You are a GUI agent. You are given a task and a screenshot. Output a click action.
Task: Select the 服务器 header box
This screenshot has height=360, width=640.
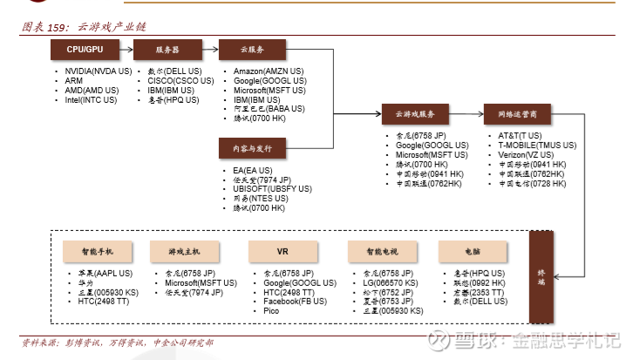[167, 51]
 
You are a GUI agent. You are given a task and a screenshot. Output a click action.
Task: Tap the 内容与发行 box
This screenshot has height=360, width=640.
[251, 149]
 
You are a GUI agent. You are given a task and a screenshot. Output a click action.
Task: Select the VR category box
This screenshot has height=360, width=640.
[283, 251]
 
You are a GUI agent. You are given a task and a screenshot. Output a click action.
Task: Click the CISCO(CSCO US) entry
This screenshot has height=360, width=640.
[180, 80]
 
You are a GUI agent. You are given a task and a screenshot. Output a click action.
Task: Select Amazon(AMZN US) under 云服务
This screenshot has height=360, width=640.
[269, 71]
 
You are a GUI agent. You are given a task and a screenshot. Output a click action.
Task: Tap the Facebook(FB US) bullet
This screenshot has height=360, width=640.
[295, 302]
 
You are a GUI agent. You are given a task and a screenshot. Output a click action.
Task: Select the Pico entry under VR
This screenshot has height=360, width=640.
[271, 311]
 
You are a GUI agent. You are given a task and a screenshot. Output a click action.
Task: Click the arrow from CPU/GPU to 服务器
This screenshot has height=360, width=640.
[127, 51]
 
